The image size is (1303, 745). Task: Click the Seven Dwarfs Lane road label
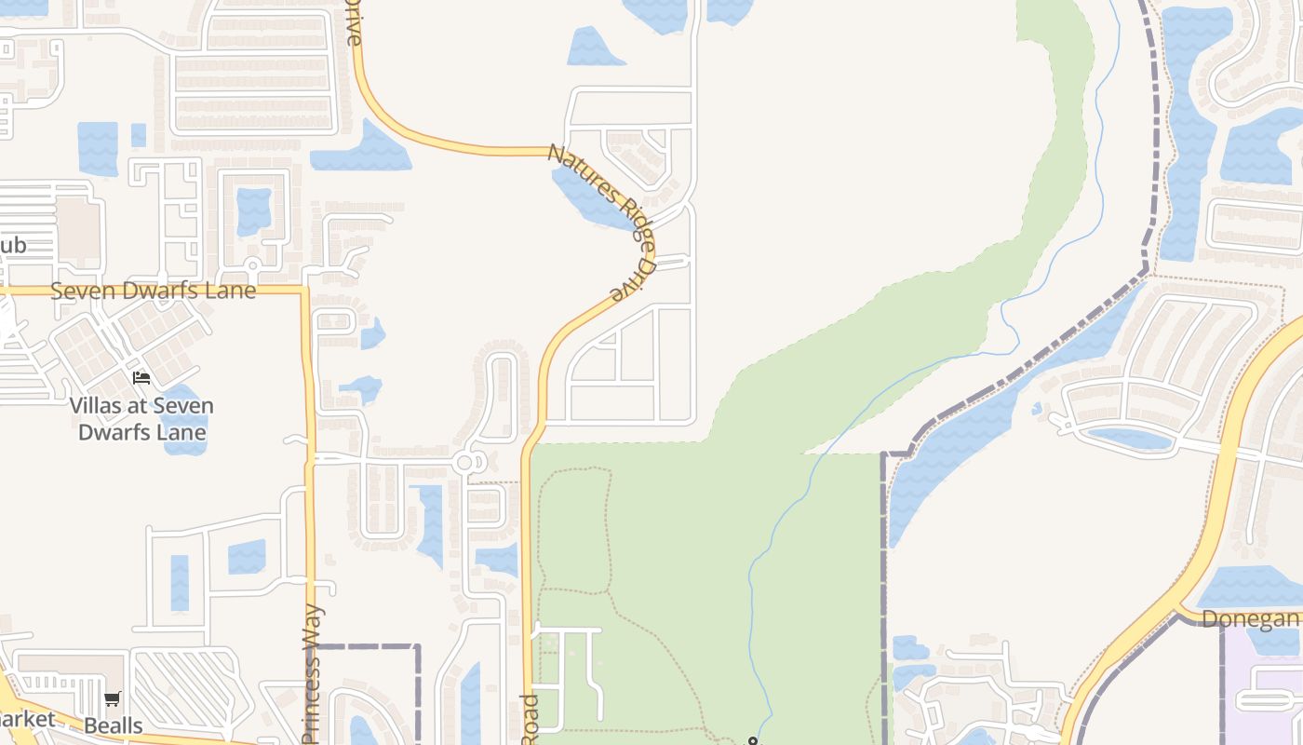(x=153, y=291)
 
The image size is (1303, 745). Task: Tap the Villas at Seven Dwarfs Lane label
(x=141, y=419)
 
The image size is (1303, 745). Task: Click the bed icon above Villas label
(x=141, y=377)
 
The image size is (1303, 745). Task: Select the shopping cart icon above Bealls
(x=113, y=698)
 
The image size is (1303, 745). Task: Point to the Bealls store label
(x=114, y=725)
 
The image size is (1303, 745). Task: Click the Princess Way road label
(x=312, y=675)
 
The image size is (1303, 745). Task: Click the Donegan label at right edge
(x=1249, y=619)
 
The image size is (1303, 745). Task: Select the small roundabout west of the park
(x=465, y=462)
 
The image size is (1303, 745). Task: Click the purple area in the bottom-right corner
(x=1266, y=698)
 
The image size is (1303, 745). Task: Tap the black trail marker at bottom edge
(x=752, y=741)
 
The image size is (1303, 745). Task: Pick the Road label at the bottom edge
(x=529, y=719)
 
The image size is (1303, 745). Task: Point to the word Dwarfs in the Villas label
(x=142, y=432)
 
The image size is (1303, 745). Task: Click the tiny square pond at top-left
(x=139, y=135)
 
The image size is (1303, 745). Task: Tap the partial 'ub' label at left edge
(x=12, y=246)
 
